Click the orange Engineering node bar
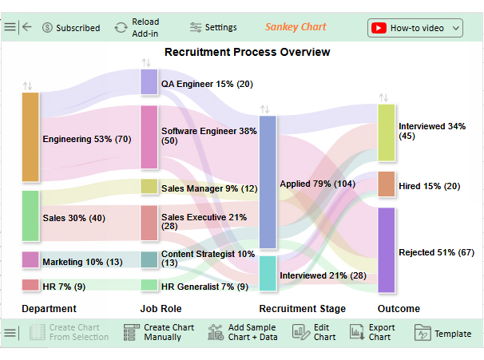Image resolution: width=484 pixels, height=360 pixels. click(x=30, y=137)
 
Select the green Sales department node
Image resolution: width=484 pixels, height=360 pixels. click(x=30, y=216)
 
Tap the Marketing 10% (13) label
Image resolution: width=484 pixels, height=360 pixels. click(x=82, y=262)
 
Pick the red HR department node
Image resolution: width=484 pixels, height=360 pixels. click(x=30, y=285)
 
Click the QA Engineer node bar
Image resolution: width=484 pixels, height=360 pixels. click(x=149, y=82)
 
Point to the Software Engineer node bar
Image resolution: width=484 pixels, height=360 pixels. click(x=149, y=137)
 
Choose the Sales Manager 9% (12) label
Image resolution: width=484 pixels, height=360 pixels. click(x=209, y=188)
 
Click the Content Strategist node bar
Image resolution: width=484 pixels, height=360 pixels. click(x=149, y=259)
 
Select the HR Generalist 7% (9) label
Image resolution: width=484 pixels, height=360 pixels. click(x=204, y=287)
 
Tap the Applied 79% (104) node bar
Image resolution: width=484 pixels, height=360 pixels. click(x=268, y=183)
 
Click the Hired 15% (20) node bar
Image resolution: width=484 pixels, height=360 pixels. click(x=386, y=184)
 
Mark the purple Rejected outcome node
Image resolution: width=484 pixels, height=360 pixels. click(x=386, y=250)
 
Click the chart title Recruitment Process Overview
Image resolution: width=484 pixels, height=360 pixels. click(x=247, y=53)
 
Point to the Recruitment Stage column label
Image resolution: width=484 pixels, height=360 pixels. click(x=302, y=309)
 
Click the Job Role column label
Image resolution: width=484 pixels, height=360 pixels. click(x=161, y=309)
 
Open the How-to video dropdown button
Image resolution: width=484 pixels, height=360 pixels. click(x=415, y=28)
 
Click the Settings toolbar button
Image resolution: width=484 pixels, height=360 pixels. click(x=213, y=28)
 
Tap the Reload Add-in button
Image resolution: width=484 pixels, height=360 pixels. click(x=137, y=28)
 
